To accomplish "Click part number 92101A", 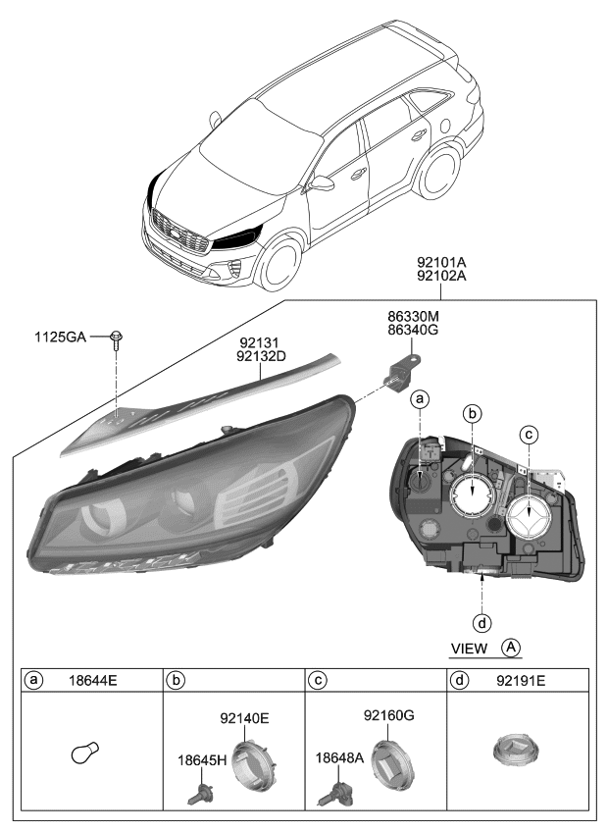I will click(x=441, y=263).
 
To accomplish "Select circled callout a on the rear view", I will click(x=420, y=399).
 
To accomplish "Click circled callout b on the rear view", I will click(x=474, y=415).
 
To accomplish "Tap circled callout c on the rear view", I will click(x=530, y=434).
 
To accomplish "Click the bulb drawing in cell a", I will click(x=85, y=754).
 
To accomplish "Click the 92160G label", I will click(x=389, y=716).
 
